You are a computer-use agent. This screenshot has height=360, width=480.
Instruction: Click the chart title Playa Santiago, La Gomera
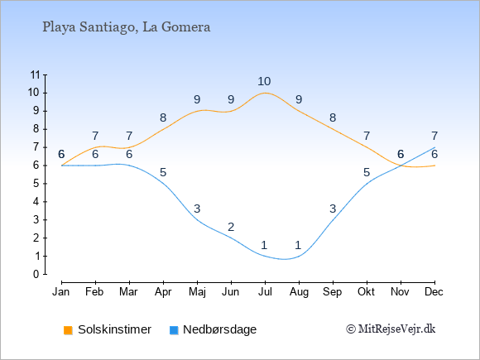point(127,27)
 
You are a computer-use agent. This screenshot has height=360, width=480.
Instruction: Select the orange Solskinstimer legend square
point(68,330)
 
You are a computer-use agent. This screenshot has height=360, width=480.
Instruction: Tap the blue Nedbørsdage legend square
point(174,330)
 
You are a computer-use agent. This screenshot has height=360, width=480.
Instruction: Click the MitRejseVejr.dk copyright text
point(391,329)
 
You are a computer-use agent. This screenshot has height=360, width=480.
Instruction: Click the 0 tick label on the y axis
point(36,274)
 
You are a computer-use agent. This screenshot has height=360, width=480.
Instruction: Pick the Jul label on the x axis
point(265,292)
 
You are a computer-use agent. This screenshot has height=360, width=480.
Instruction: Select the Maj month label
point(197,292)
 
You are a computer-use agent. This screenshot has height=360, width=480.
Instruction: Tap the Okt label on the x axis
point(366,292)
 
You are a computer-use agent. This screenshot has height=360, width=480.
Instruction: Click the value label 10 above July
point(264,81)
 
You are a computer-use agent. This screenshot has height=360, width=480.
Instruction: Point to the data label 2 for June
point(231,227)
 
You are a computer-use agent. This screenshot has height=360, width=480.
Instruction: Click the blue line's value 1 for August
point(299,245)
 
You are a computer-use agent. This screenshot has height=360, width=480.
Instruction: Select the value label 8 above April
point(163,118)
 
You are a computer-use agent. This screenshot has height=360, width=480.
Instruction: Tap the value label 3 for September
point(333,209)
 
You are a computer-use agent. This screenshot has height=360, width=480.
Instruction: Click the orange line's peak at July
point(265,93)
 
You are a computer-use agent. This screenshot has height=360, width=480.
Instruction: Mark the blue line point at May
point(197,220)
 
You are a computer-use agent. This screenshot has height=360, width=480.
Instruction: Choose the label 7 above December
point(434,136)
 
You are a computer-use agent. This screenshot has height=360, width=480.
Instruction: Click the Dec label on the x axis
point(434,292)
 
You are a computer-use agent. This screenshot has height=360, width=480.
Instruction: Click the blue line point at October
point(367,184)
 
